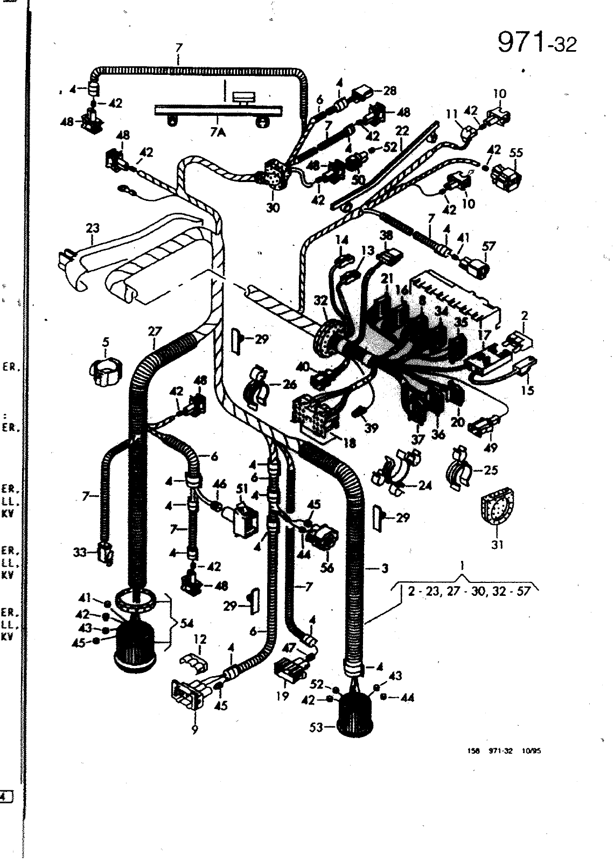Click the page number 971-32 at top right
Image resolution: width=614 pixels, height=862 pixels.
pos(536,43)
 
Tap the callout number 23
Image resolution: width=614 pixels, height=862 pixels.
pos(93,228)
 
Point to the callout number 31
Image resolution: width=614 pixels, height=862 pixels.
pos(497,545)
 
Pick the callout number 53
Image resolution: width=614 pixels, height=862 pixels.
pos(316,727)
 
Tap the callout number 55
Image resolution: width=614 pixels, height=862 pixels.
pos(515,153)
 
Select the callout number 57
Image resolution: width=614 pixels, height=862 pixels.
pos(489,246)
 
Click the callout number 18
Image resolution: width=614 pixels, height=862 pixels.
pos(350,443)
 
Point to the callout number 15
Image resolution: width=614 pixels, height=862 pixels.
pos(527,390)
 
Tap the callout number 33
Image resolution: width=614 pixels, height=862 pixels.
pos(80,552)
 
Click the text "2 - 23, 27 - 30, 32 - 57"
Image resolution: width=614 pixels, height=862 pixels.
pos(469,591)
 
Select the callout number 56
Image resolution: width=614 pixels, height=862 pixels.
pos(327,568)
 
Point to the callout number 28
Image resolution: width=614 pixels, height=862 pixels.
pos(389,91)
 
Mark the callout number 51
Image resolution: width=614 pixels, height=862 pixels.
pos(241,489)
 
